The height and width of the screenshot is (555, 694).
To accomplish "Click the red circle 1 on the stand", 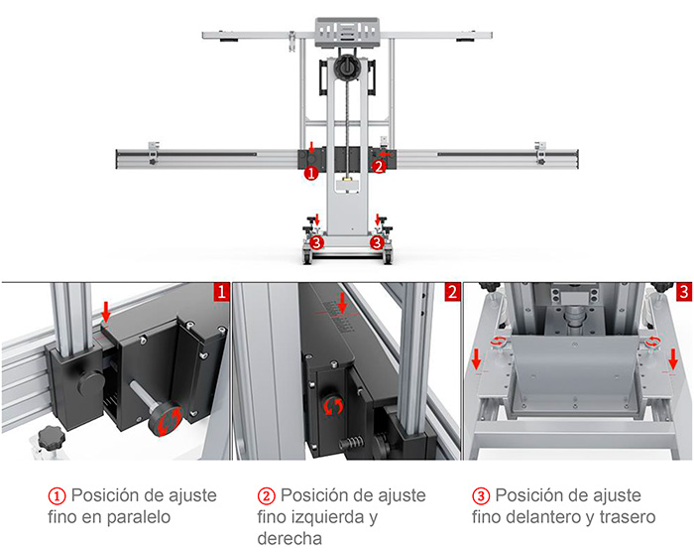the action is point(311,173).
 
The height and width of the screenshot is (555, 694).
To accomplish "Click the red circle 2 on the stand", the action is point(379,167).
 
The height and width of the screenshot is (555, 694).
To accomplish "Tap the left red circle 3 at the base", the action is point(316,242).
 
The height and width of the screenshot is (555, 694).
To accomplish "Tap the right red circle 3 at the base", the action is point(377,242).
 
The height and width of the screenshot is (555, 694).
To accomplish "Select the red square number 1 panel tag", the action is point(222,292).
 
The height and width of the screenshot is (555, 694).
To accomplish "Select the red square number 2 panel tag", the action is point(452,292).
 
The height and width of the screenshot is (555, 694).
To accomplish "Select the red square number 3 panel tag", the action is point(684,292).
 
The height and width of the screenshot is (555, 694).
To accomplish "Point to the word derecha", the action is point(289,538).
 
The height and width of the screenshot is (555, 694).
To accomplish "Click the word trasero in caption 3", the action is point(628,517).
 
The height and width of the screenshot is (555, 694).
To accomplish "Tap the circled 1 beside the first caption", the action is point(57,496).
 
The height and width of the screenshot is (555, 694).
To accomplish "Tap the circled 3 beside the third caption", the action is point(481,496).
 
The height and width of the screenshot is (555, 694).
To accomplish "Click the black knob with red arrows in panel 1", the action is point(166,418).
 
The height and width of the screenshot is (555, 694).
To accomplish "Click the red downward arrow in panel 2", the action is point(342,302).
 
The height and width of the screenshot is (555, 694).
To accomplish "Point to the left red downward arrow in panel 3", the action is point(476,359).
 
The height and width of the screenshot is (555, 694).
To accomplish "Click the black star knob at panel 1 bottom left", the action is point(52,438).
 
